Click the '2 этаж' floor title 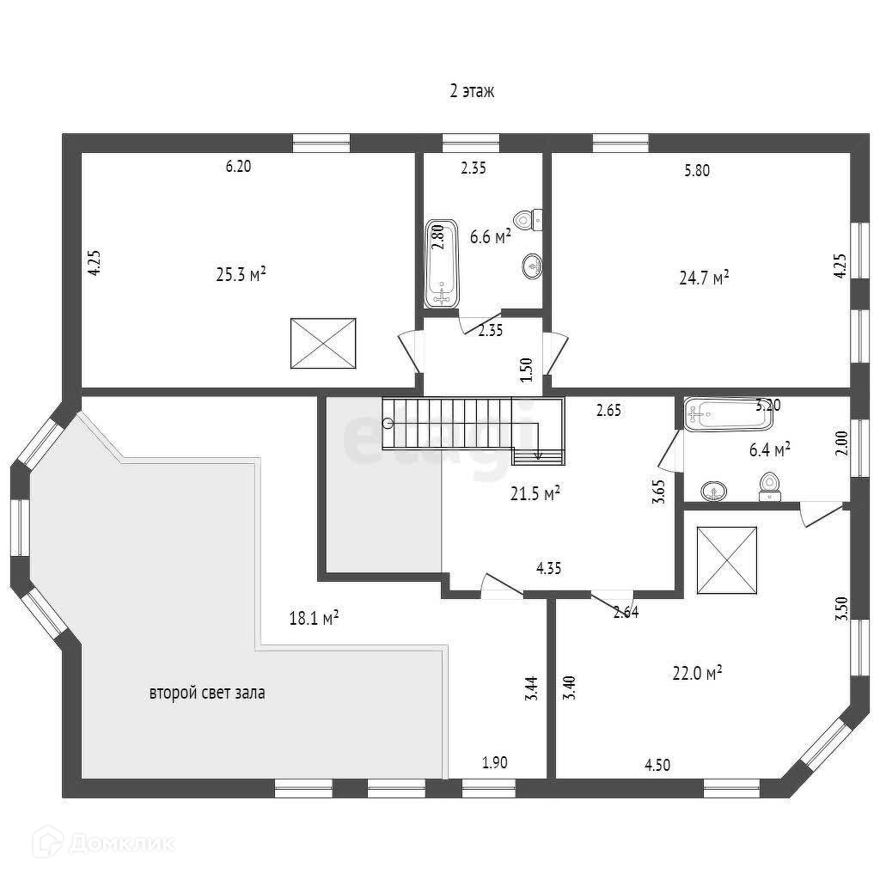(472, 91)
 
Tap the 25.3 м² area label (241, 274)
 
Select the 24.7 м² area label (704, 277)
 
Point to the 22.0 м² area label (696, 674)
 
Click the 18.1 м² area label (314, 617)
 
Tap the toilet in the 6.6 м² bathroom (529, 218)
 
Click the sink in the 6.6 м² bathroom (532, 266)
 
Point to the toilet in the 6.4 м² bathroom (771, 486)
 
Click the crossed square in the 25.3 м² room (322, 343)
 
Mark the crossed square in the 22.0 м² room (726, 559)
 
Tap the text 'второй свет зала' (207, 693)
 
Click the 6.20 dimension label (238, 168)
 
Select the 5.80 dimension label (697, 170)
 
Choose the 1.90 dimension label (494, 762)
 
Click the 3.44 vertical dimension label (532, 689)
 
